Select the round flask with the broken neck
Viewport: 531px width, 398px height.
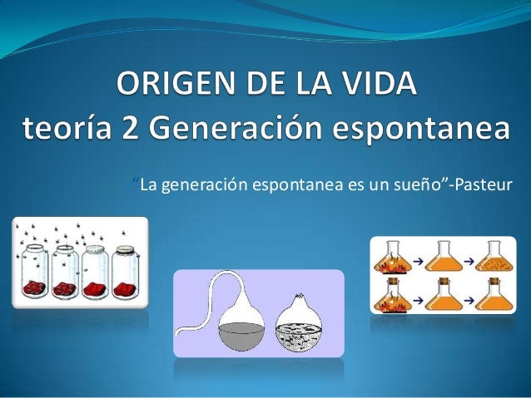303,327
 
